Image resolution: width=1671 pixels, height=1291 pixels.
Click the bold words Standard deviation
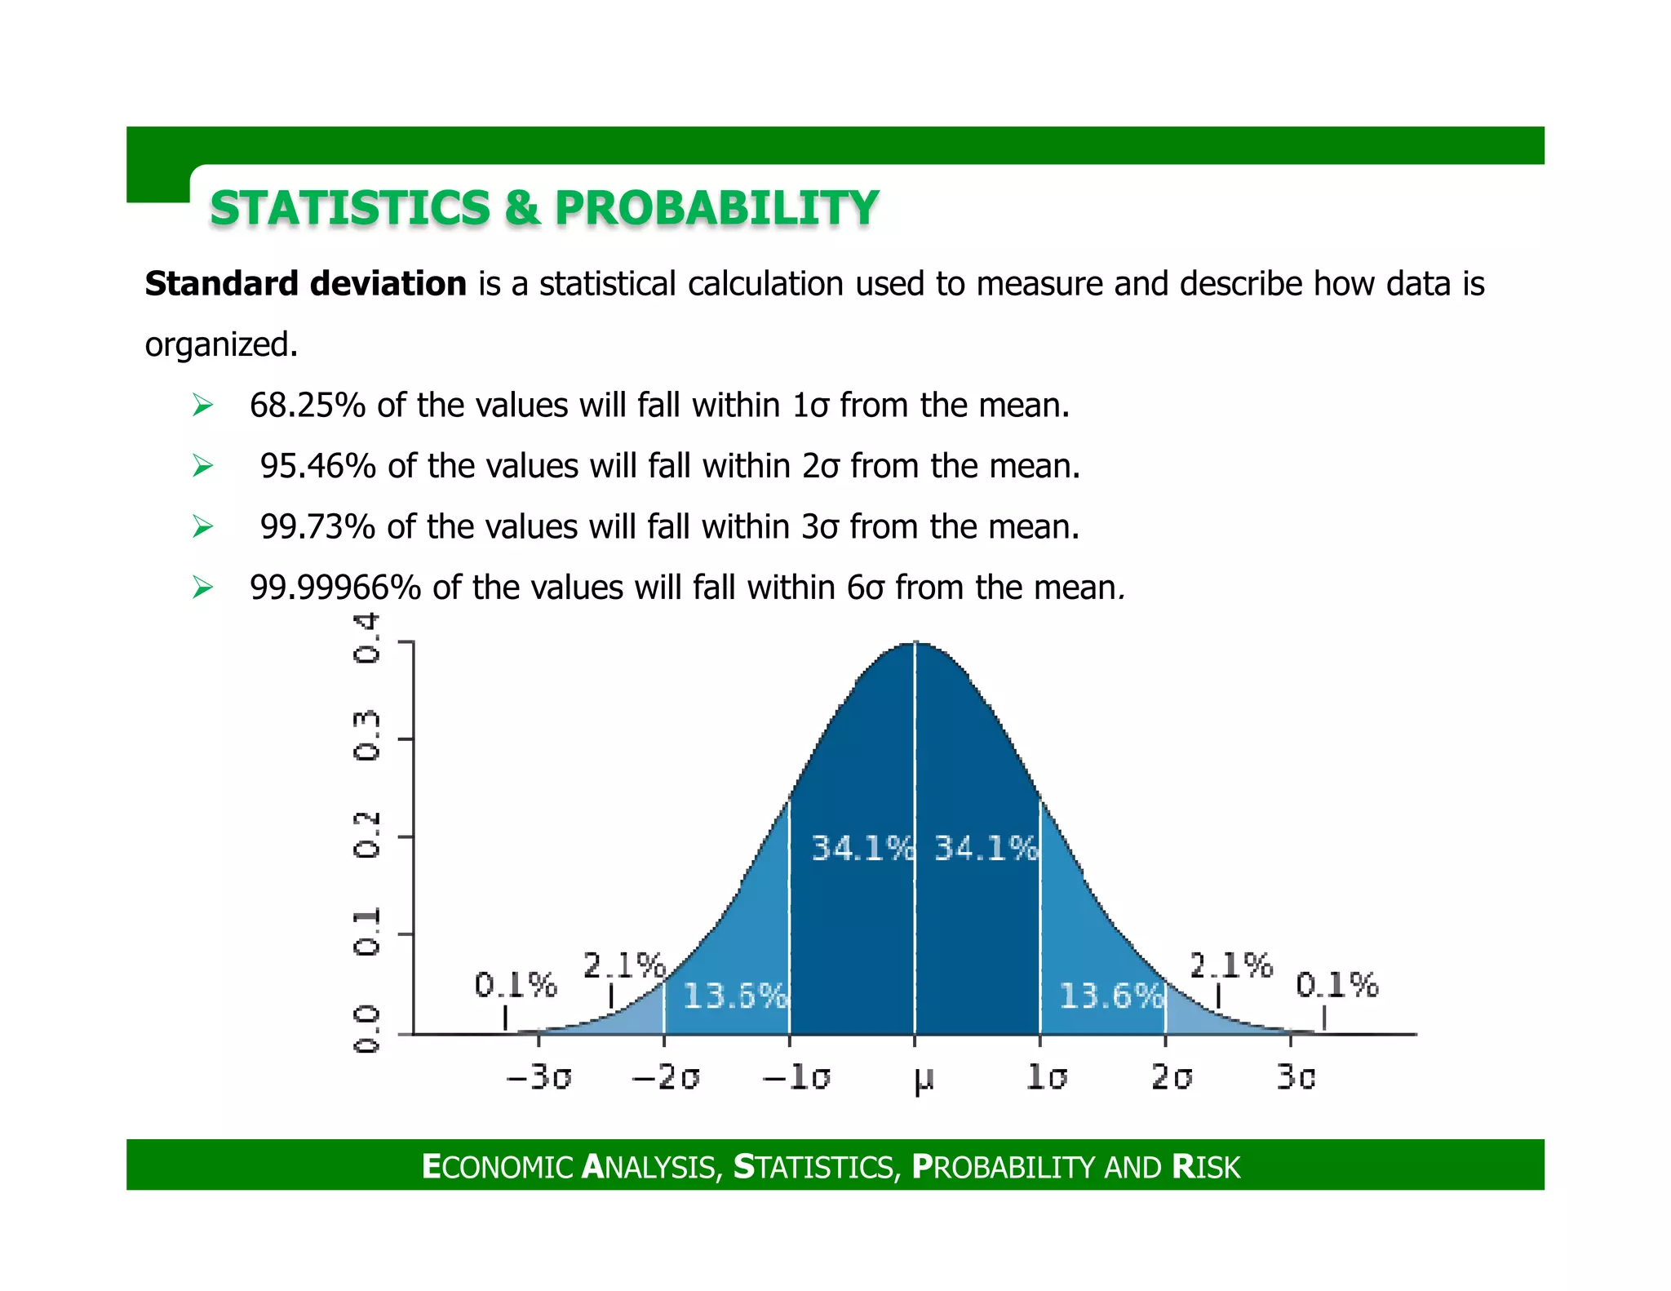(x=305, y=284)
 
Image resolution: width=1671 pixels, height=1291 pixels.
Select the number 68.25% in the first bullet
(x=307, y=406)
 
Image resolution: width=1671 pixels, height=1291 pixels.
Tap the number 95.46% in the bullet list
(x=317, y=466)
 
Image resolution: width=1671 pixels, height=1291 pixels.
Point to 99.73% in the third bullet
(x=317, y=527)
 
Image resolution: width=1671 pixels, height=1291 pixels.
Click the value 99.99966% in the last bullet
(x=335, y=588)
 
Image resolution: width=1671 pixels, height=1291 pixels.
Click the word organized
(x=221, y=344)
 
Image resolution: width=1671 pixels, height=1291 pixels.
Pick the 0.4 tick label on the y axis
(x=366, y=639)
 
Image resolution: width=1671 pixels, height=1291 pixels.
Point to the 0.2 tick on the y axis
(x=366, y=834)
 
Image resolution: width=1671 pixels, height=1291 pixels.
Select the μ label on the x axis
(x=923, y=1079)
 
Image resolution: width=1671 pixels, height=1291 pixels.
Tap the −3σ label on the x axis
(x=539, y=1077)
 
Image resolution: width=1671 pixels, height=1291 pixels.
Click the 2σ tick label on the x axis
(x=1172, y=1077)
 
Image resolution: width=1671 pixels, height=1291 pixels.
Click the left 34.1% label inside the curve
(x=862, y=849)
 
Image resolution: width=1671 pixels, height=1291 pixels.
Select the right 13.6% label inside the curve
(x=1110, y=996)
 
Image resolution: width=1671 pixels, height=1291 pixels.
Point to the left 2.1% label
(x=624, y=965)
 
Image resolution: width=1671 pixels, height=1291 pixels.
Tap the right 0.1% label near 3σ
(x=1336, y=985)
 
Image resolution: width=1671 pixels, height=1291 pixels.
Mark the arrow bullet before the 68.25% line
(x=202, y=406)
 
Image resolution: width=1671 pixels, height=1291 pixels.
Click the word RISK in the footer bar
(x=1206, y=1167)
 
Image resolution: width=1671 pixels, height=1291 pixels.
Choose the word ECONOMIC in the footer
(x=498, y=1167)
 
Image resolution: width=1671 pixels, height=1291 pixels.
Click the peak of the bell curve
(x=915, y=644)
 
